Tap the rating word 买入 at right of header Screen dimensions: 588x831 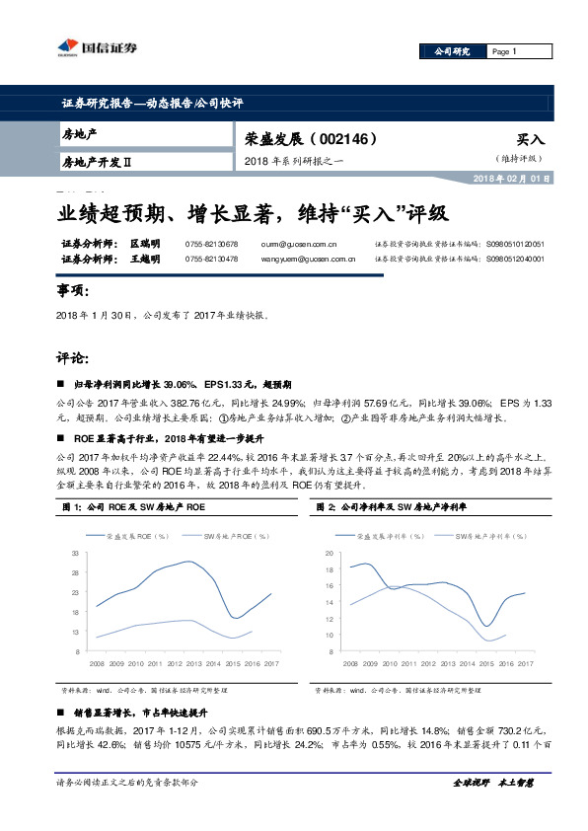530,140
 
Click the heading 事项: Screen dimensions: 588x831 73,292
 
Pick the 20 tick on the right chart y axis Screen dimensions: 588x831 330,555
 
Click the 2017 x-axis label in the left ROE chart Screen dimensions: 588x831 271,663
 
